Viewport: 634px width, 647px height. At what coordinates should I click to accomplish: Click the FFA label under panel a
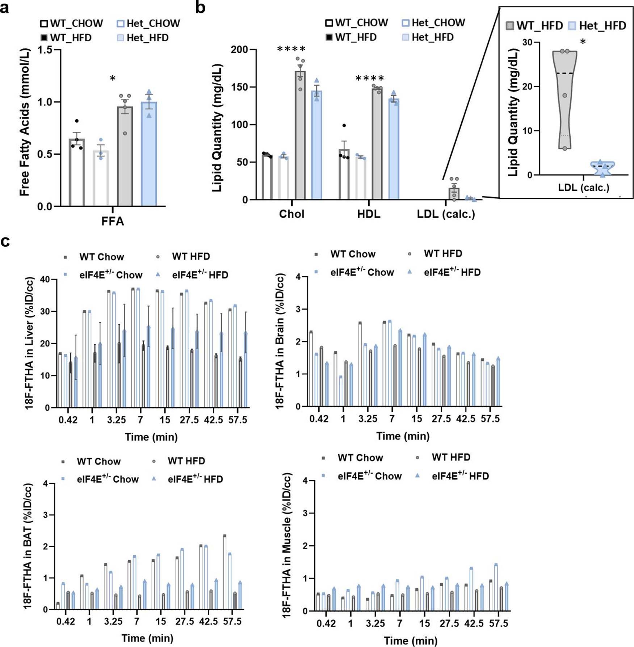tap(113, 221)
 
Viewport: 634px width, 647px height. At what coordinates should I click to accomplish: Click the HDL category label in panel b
tap(369, 214)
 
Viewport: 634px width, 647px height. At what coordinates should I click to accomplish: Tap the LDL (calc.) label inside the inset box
tap(583, 188)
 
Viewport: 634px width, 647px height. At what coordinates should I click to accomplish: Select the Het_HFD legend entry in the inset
tap(597, 26)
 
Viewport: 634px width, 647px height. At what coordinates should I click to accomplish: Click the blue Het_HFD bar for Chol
tap(316, 145)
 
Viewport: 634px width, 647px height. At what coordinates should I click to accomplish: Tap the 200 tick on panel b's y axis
tap(239, 50)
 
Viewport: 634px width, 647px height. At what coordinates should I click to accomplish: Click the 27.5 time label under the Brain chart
tap(441, 419)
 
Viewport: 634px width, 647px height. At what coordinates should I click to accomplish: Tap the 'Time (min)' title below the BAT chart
tap(147, 638)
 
